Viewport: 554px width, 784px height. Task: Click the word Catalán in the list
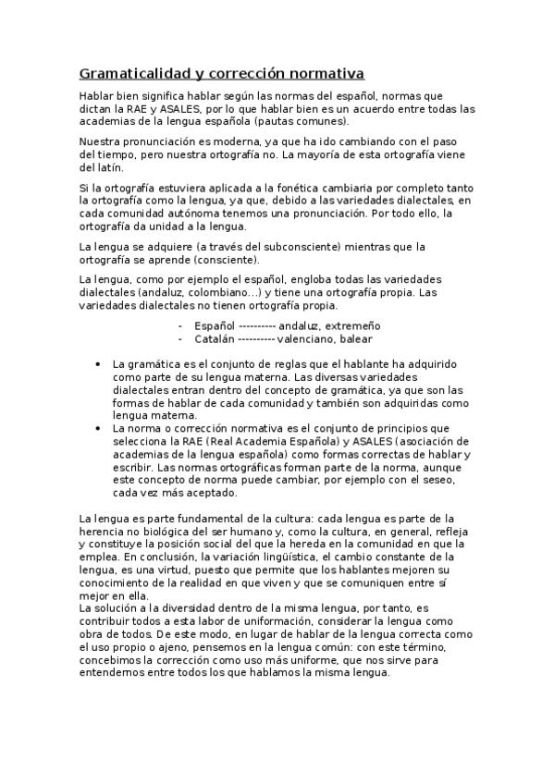point(214,338)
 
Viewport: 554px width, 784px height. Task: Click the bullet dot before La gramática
point(98,364)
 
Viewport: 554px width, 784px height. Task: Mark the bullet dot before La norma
point(98,429)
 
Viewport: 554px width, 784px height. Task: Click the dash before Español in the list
point(180,325)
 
